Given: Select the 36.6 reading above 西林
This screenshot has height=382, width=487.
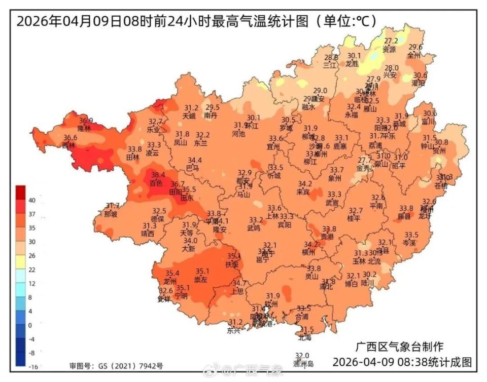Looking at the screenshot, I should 70,137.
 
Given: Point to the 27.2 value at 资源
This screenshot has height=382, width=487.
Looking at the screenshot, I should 391,41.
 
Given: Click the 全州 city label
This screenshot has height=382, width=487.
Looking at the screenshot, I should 414,55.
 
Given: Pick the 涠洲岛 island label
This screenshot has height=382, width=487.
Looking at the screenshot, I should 303,363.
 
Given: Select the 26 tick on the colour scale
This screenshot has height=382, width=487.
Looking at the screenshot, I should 32,255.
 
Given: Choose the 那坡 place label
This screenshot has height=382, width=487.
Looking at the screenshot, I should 111,214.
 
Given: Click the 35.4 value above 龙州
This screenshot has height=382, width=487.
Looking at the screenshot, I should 172,274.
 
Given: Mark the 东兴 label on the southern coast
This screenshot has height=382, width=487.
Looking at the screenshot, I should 234,330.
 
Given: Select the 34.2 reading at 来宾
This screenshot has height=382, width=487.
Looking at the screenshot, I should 304,184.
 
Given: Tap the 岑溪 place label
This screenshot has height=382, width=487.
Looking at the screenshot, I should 409,243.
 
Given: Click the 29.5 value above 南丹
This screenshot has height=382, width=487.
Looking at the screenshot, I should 212,107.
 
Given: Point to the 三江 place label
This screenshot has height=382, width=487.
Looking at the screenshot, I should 330,65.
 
